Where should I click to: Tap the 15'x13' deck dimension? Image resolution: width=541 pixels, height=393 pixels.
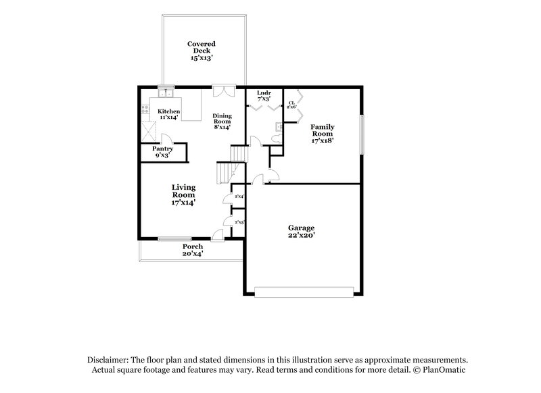(201, 58)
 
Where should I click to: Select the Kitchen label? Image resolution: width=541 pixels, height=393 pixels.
(169, 111)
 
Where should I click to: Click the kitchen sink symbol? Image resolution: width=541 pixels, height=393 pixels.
(166, 94)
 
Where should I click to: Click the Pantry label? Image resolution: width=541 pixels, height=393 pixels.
(162, 149)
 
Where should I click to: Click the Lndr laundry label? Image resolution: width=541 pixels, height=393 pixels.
(263, 93)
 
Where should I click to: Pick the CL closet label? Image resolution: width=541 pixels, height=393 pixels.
(291, 103)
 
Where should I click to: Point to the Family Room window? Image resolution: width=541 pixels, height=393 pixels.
(361, 134)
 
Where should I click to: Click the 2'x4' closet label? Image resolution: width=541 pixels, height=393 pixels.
(238, 196)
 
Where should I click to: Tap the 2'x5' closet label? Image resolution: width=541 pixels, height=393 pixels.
(238, 221)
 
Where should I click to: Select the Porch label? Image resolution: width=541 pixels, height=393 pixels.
(192, 247)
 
